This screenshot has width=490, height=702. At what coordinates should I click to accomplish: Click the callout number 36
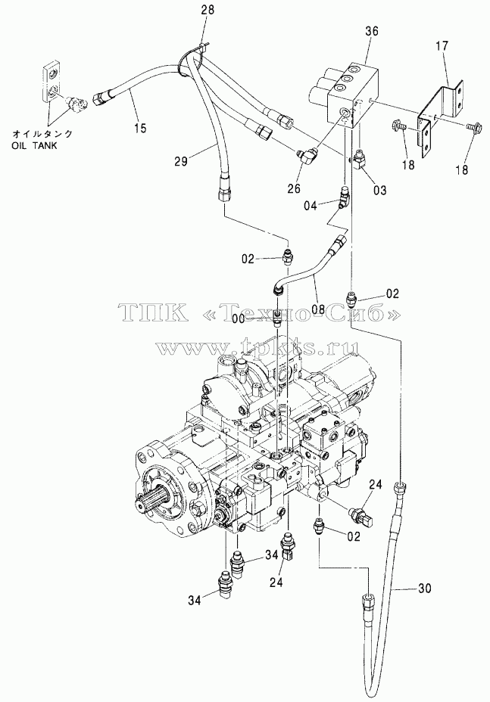[x=372, y=31]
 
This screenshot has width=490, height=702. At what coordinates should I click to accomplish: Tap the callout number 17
[x=442, y=46]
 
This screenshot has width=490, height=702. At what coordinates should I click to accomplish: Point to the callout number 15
[x=140, y=129]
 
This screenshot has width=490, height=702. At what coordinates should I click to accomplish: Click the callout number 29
[x=181, y=161]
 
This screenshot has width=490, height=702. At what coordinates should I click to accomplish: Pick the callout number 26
[x=294, y=188]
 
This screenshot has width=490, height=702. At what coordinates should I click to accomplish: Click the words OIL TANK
[x=35, y=146]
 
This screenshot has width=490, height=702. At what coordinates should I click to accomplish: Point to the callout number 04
[x=310, y=206]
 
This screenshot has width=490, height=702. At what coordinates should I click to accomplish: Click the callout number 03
[x=379, y=191]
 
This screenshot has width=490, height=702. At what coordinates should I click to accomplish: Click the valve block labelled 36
[x=349, y=94]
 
